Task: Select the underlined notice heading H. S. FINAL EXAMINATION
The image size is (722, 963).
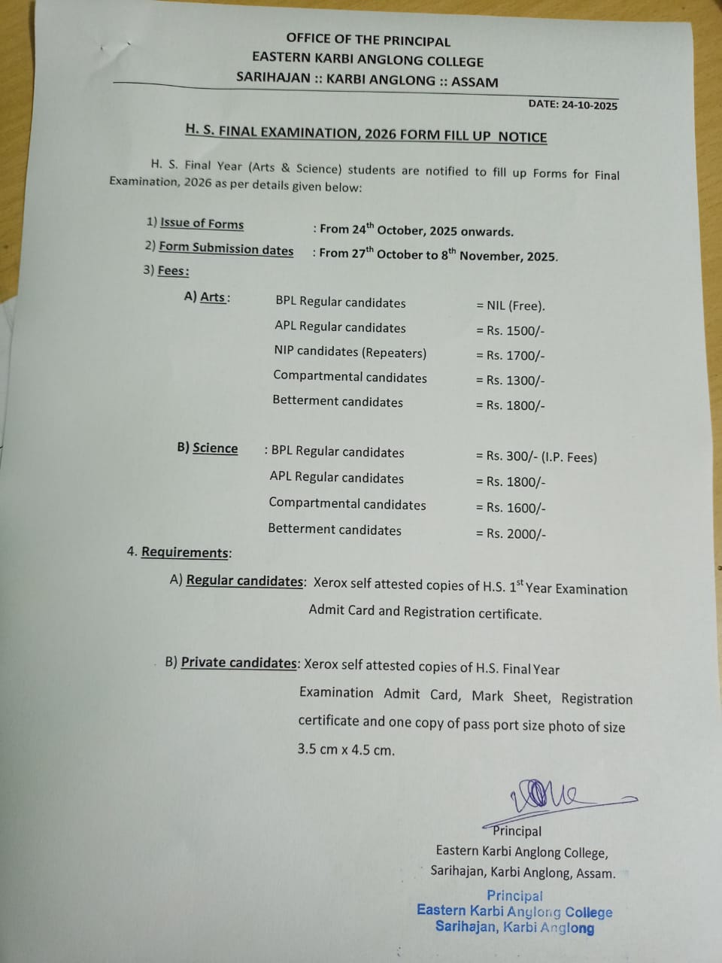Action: (366, 134)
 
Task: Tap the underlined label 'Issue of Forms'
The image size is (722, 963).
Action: (202, 223)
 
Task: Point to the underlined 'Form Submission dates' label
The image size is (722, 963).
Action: (226, 248)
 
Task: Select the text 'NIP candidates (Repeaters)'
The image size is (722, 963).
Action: (350, 352)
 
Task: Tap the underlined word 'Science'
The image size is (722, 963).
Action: (215, 448)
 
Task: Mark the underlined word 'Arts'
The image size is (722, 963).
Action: (213, 297)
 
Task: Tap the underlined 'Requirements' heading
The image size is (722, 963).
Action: (185, 552)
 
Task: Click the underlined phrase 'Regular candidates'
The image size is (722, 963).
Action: (244, 581)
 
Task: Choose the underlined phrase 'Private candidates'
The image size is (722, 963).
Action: (239, 663)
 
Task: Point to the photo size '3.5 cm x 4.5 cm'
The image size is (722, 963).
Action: (346, 749)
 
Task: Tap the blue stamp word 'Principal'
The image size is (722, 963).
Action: (514, 895)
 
